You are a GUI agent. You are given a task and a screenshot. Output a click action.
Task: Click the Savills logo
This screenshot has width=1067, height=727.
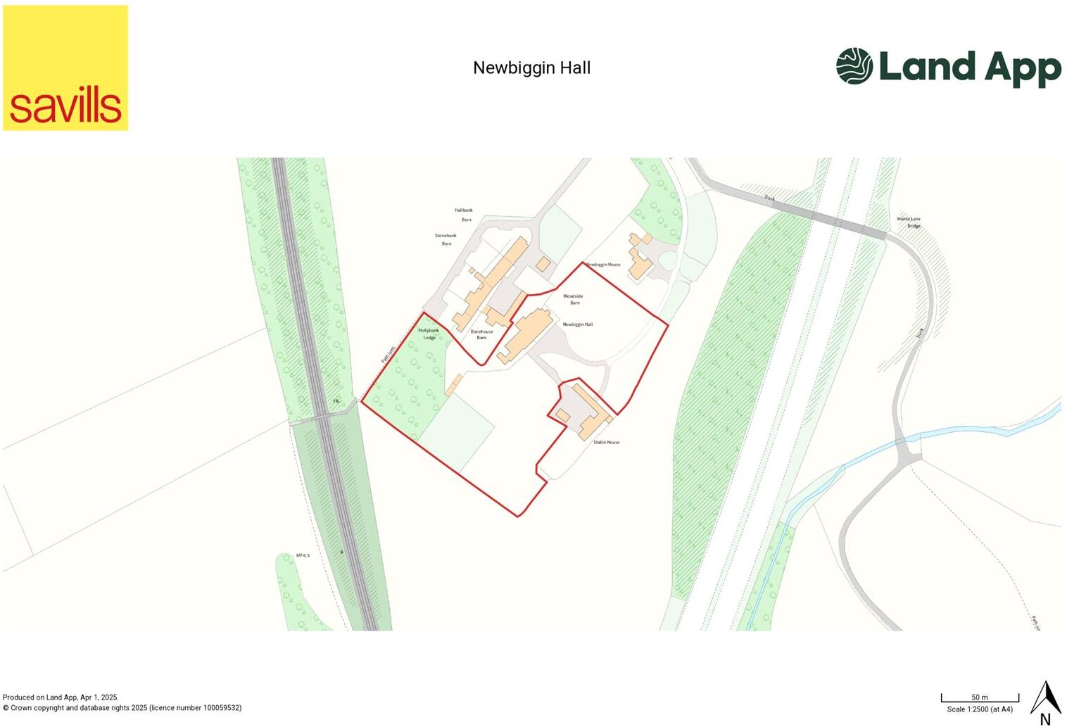click(65, 68)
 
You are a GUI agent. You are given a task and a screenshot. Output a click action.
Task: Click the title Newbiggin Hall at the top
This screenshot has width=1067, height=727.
click(531, 68)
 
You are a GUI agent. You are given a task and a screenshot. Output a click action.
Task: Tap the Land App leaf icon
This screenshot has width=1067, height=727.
click(854, 65)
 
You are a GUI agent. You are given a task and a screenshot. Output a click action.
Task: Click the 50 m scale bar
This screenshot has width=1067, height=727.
click(980, 699)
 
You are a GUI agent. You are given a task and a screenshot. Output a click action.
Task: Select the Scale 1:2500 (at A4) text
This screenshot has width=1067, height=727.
click(980, 709)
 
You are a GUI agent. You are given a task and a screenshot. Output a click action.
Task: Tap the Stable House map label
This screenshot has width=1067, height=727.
click(606, 442)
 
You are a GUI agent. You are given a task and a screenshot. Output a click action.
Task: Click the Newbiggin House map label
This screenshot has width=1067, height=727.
click(604, 265)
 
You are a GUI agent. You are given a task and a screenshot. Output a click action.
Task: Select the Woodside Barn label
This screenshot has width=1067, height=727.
click(574, 299)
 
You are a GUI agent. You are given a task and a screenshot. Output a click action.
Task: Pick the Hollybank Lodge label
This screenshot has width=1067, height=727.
click(429, 334)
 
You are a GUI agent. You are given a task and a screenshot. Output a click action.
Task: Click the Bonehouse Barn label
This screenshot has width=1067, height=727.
click(482, 334)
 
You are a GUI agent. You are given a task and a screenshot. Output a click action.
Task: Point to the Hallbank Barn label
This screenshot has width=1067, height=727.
click(464, 215)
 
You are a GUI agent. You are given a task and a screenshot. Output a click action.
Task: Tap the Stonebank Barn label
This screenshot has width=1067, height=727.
click(446, 239)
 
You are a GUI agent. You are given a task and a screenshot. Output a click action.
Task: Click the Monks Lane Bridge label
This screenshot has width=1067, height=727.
click(909, 222)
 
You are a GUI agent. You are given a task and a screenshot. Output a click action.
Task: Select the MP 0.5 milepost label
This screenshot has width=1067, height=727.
click(303, 555)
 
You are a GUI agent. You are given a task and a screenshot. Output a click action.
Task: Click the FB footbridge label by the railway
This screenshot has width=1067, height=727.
click(336, 401)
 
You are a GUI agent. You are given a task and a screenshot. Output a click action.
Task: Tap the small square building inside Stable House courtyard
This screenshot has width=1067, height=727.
click(562, 416)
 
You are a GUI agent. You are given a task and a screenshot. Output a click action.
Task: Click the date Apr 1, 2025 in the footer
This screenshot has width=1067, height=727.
click(98, 697)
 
